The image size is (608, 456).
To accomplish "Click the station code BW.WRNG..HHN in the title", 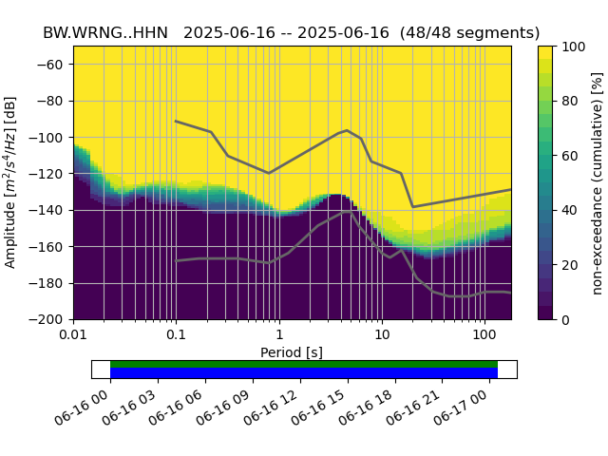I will pos(105,33).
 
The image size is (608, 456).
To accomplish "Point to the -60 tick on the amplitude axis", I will pos(55,65).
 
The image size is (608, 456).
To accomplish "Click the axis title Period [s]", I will pos(292,352).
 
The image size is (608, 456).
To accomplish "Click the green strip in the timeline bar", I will pos(304,364).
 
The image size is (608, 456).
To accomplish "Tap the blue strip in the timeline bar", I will pos(304,372).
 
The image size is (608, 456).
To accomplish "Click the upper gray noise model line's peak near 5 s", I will pos(347,130).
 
